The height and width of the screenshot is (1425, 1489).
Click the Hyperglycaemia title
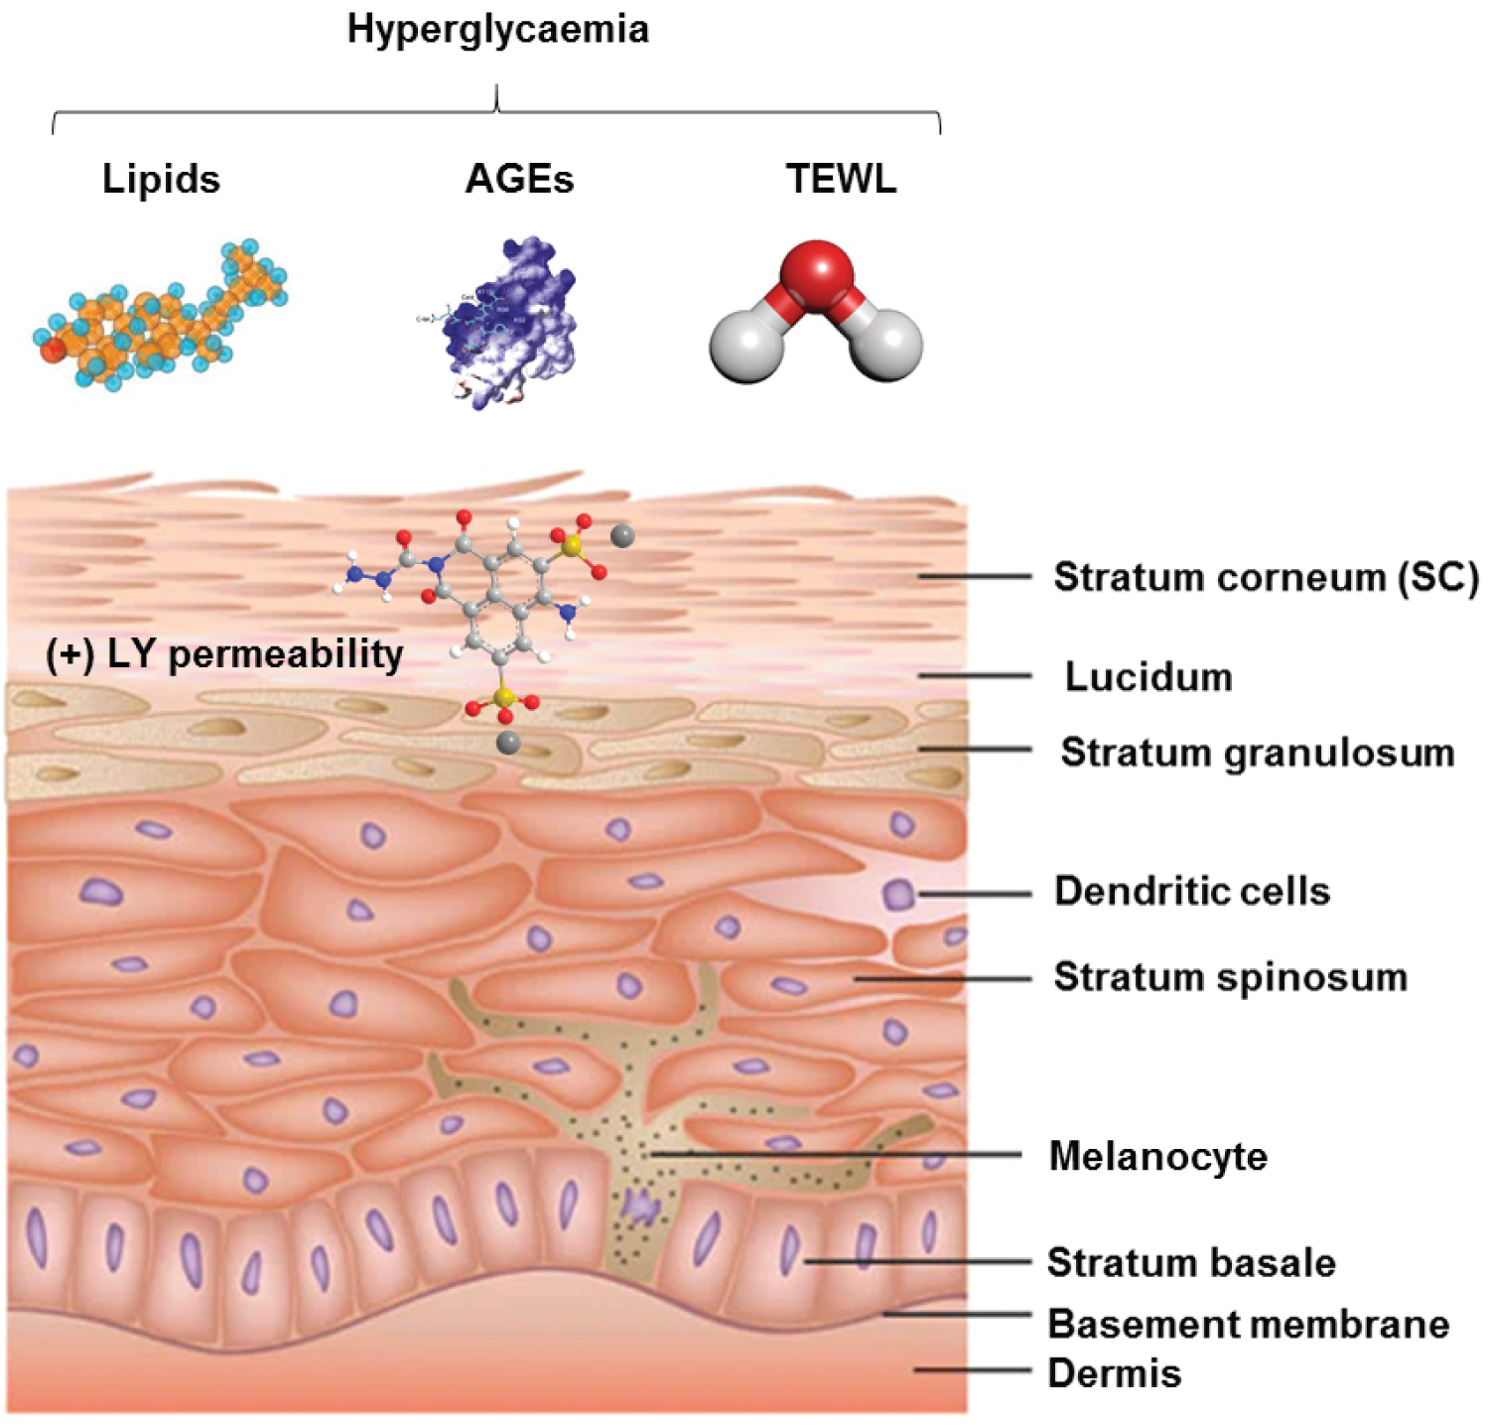point(497,30)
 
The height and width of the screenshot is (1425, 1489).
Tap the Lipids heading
point(161,179)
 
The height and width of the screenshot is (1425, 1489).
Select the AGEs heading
point(519,179)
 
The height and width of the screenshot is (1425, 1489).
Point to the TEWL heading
point(841,179)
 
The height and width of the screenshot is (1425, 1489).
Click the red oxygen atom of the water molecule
point(816,269)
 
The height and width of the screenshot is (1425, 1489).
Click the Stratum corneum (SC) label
point(1266,577)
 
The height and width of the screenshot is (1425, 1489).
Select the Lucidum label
point(1149,677)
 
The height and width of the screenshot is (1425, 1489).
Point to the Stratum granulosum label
point(1258,753)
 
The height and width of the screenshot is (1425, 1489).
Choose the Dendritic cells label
point(1192,892)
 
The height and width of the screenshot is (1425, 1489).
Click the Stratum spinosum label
point(1231,977)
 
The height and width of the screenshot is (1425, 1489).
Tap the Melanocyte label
point(1158,1157)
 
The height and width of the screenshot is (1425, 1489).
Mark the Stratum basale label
point(1191,1263)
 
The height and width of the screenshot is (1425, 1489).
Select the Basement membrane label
point(1249,1324)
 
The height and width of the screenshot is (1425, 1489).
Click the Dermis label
point(1115,1374)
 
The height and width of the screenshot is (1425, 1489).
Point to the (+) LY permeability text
point(224,654)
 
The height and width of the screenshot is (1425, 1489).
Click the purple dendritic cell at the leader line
point(898,894)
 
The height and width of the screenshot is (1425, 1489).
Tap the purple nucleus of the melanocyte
point(640,1208)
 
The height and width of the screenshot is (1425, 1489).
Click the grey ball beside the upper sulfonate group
point(622,536)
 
